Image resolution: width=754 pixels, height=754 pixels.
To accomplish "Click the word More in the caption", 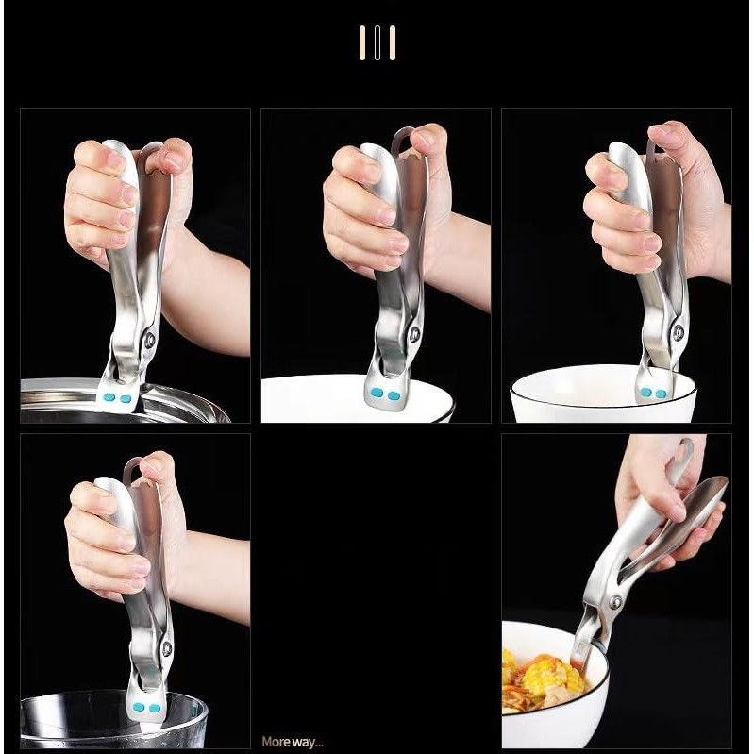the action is click(x=276, y=742).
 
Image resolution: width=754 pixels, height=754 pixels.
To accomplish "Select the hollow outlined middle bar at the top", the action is click(x=377, y=42).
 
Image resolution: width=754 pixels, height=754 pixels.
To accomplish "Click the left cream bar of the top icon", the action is click(x=362, y=42).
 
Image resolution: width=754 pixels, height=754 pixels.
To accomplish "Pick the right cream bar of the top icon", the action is click(x=393, y=42).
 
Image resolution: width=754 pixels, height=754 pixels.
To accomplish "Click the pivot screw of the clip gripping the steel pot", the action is click(x=150, y=340).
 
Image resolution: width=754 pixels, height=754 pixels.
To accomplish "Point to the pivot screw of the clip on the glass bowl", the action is click(x=166, y=648).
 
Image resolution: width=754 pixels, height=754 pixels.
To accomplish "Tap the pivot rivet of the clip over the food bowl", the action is click(x=616, y=602).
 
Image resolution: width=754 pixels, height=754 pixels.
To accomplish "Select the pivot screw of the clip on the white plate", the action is click(x=414, y=334).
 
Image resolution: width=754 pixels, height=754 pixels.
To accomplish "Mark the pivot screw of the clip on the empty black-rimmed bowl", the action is click(x=679, y=332).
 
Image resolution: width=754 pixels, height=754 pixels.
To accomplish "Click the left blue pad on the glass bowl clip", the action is click(x=139, y=707).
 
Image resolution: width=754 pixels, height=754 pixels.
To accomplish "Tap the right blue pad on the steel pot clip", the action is click(x=126, y=398).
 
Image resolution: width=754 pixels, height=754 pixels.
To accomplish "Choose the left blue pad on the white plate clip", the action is click(x=377, y=394).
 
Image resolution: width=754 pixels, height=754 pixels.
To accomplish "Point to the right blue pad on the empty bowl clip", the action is click(x=661, y=394).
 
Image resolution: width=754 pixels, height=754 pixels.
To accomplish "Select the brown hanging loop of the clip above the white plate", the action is click(x=400, y=140).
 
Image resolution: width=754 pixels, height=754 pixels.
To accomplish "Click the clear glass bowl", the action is click(x=113, y=720).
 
